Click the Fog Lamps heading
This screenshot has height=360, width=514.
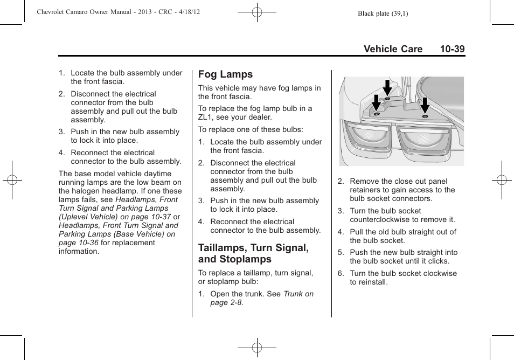click(225, 74)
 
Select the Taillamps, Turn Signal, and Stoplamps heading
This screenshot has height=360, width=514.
click(253, 253)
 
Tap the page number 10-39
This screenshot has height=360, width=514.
click(452, 49)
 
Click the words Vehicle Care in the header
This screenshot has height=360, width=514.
click(393, 49)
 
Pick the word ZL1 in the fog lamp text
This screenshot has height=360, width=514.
click(206, 117)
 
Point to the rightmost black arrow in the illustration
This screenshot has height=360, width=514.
click(425, 105)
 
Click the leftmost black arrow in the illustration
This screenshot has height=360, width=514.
click(376, 102)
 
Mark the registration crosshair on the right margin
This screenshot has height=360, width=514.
click(501, 180)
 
